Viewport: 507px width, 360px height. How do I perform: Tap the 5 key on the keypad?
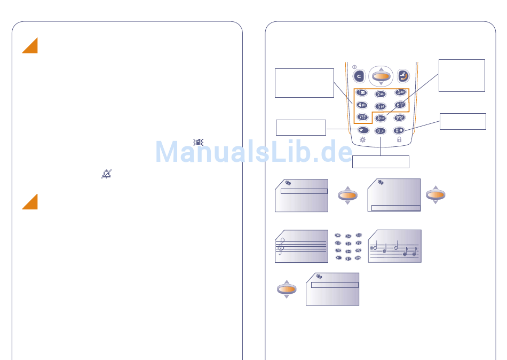pos(380,106)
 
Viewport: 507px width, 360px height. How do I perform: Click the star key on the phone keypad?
pos(363,130)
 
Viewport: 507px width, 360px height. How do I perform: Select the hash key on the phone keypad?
pos(399,130)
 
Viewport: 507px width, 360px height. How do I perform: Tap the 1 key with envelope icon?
pos(362,93)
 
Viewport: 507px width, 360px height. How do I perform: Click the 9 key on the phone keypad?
pos(399,118)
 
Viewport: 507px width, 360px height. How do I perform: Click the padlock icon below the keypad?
pos(399,139)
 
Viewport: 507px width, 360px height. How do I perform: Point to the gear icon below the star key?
pos(363,139)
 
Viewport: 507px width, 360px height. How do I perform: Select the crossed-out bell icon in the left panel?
pos(107,174)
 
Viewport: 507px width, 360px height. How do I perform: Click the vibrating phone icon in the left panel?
pos(199,142)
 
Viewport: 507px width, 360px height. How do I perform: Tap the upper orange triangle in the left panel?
pos(30,46)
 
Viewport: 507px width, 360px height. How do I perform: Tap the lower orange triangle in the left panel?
pos(30,202)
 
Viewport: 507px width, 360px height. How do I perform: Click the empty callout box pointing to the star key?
pos(300,128)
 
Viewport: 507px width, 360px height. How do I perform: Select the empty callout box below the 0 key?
pos(381,162)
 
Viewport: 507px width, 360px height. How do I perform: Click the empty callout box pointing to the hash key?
pos(463,121)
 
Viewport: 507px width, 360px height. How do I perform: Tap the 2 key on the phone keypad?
pos(381,94)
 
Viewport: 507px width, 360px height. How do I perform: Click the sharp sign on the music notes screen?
pos(371,248)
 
